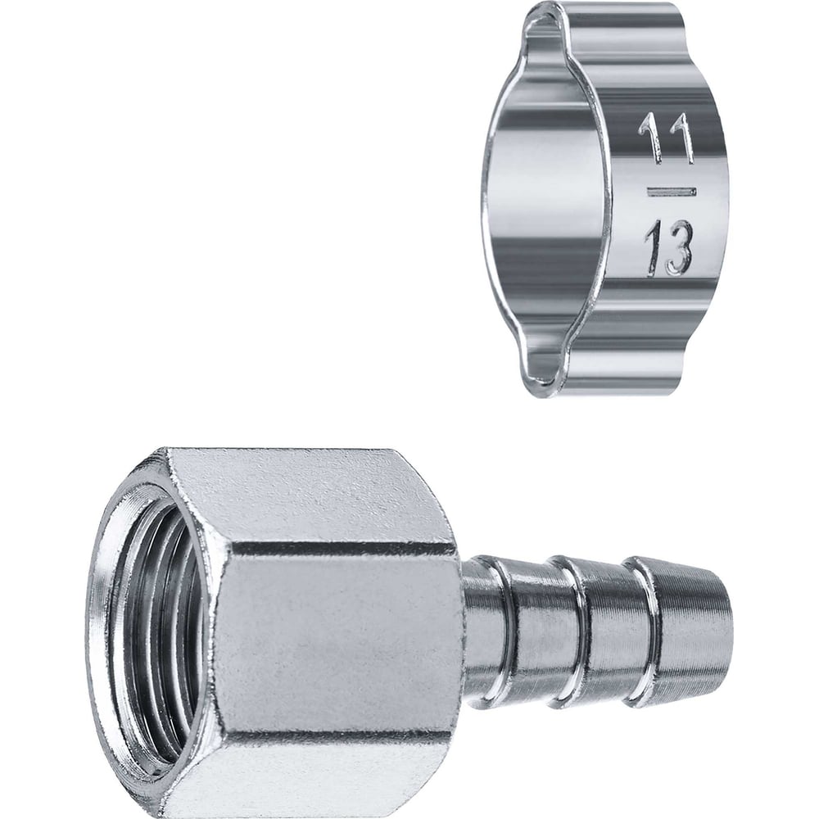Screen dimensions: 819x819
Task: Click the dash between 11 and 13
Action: tap(672, 192)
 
